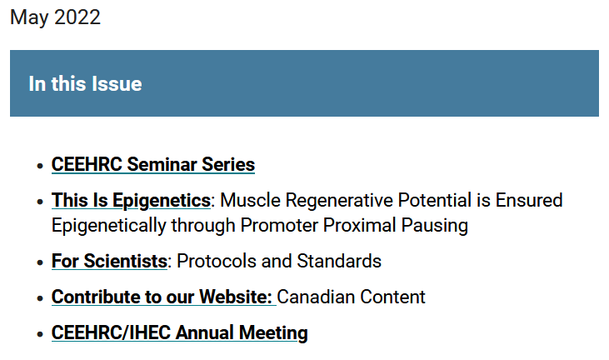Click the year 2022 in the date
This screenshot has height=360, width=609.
[x=77, y=17]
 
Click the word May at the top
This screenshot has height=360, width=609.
[x=29, y=18]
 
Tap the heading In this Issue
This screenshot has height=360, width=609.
[x=86, y=83]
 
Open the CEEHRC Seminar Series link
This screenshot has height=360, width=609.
[x=153, y=164]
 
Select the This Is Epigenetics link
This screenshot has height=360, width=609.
[x=131, y=201]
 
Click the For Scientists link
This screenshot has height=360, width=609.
[x=109, y=261]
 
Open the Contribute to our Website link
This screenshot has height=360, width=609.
[x=163, y=297]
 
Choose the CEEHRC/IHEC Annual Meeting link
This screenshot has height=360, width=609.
[x=179, y=333]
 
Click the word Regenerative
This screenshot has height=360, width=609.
[x=339, y=201]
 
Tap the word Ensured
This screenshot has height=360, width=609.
[x=528, y=200]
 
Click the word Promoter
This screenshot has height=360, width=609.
[x=279, y=225]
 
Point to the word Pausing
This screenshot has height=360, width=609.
[x=434, y=226]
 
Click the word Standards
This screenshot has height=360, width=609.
[x=339, y=261]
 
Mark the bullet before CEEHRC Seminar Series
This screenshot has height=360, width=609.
[x=40, y=166]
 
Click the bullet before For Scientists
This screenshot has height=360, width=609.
[x=40, y=262]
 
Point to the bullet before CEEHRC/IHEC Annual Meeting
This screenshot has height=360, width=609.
[x=40, y=334]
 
